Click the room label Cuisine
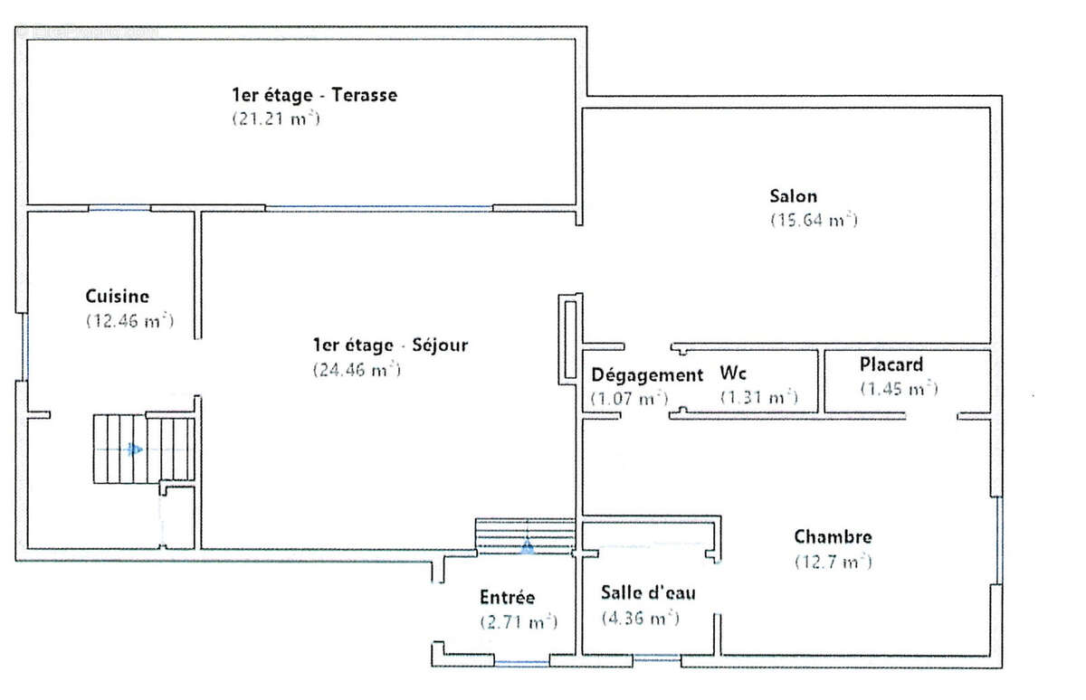[118, 297]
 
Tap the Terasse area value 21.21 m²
[276, 118]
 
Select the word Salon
[793, 196]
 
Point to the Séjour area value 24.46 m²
[357, 370]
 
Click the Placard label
[891, 364]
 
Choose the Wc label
[733, 373]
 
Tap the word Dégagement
[647, 375]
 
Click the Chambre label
[833, 536]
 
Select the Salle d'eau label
[648, 593]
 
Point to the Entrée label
[507, 597]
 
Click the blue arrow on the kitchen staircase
[135, 449]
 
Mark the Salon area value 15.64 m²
[814, 221]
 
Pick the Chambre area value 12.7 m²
[833, 562]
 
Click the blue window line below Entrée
[521, 661]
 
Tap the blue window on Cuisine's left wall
[25, 347]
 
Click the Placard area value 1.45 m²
[900, 389]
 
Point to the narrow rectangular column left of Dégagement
[570, 339]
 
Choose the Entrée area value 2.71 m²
[519, 622]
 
